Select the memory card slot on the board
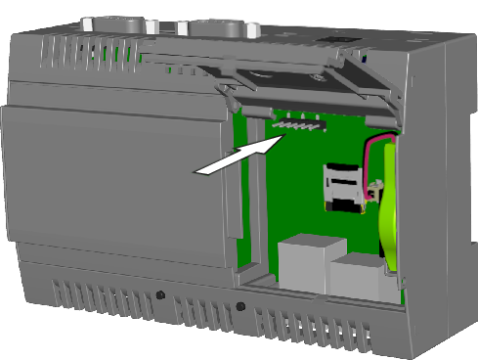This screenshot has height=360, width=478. coord(342,187)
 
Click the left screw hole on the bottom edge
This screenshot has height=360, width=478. coord(159,294)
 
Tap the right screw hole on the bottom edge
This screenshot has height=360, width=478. coord(240,307)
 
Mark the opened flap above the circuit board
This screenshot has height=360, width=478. coord(303,83)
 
